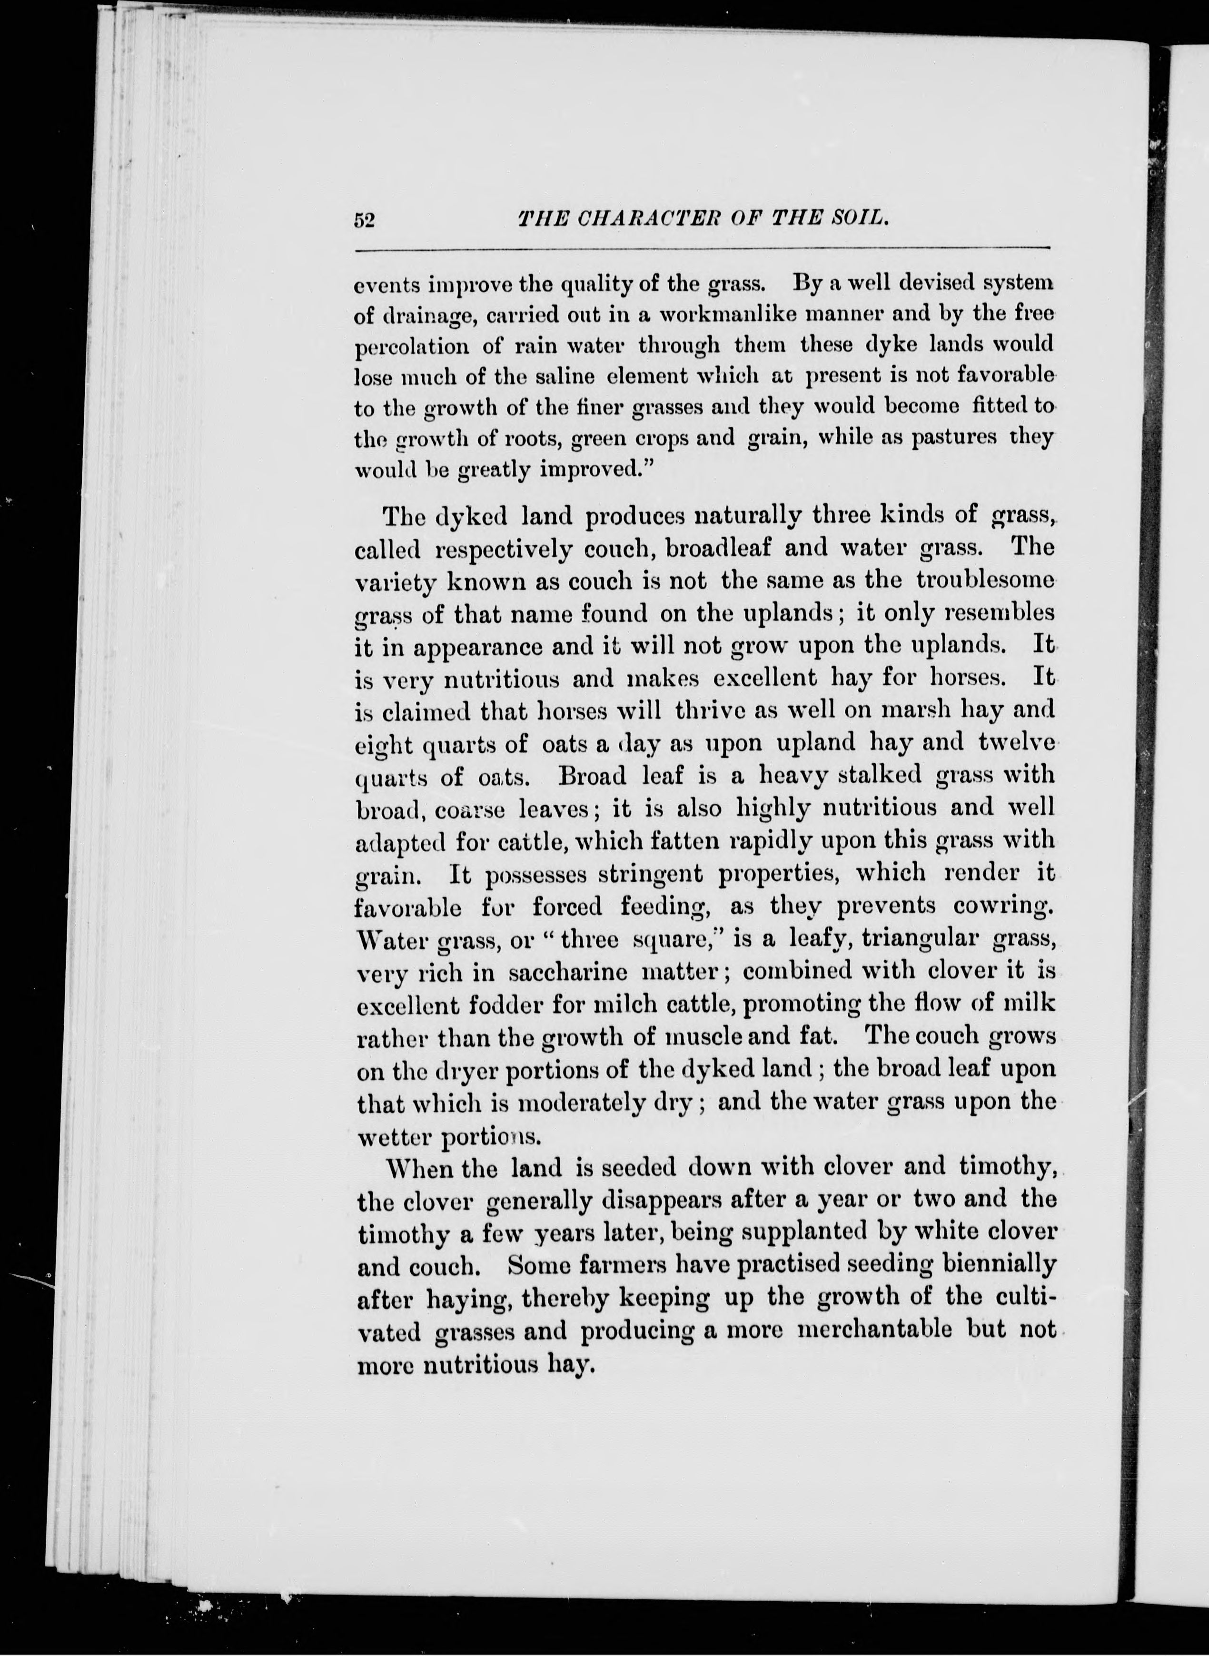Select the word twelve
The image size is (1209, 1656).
pos(1016,742)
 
